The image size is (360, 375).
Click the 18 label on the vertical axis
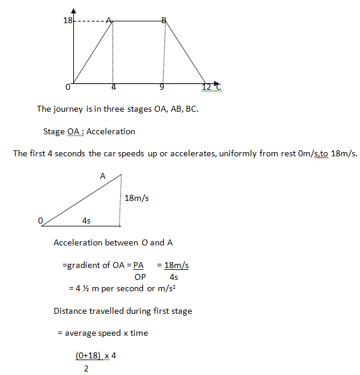pos(67,20)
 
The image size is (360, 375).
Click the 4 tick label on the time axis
pos(113,87)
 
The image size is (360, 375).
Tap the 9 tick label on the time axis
pos(162,87)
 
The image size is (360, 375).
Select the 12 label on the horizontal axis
pos(206,87)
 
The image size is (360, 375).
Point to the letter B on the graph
pos(164,20)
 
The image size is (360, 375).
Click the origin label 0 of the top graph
pos(68,87)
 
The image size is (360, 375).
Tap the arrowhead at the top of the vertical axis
pos(73,11)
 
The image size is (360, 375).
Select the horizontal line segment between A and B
pos(138,21)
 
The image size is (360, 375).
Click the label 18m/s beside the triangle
pos(137,198)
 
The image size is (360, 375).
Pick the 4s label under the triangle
pos(86,220)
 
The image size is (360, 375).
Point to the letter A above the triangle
pos(102,176)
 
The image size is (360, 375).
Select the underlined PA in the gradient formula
pos(138,266)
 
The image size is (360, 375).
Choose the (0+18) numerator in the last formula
pos(87,355)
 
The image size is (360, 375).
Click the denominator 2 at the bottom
pos(86,368)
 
